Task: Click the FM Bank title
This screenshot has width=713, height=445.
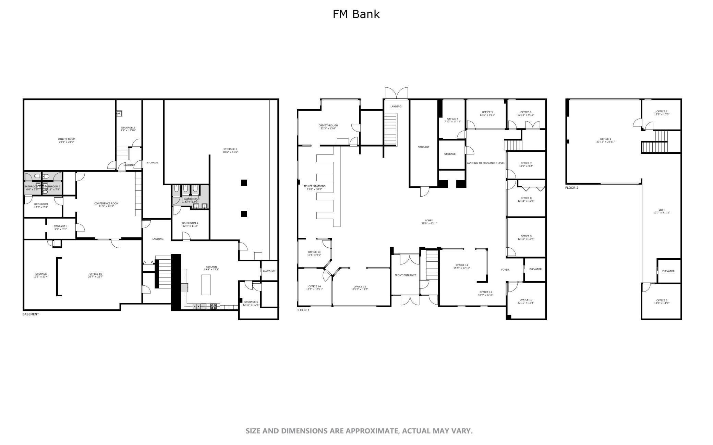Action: tap(356, 14)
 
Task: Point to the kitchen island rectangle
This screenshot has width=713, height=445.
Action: tap(206, 284)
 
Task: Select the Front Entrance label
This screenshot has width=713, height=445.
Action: tap(405, 275)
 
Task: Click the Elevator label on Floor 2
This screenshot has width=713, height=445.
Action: tap(668, 271)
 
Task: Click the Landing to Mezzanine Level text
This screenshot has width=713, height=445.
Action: tap(486, 163)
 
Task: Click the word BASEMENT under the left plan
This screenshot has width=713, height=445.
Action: tap(31, 314)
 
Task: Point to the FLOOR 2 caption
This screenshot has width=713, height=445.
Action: tap(572, 188)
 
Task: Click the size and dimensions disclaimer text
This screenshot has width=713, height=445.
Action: tap(359, 431)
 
